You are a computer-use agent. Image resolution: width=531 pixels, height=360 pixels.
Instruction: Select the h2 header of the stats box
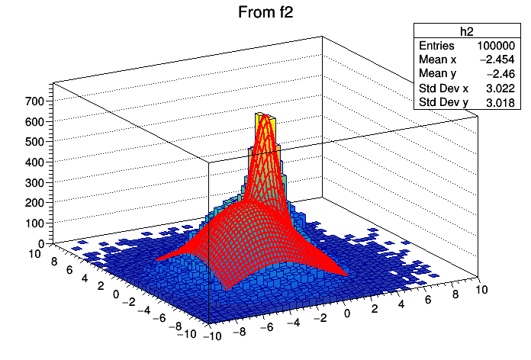pos(467,31)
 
